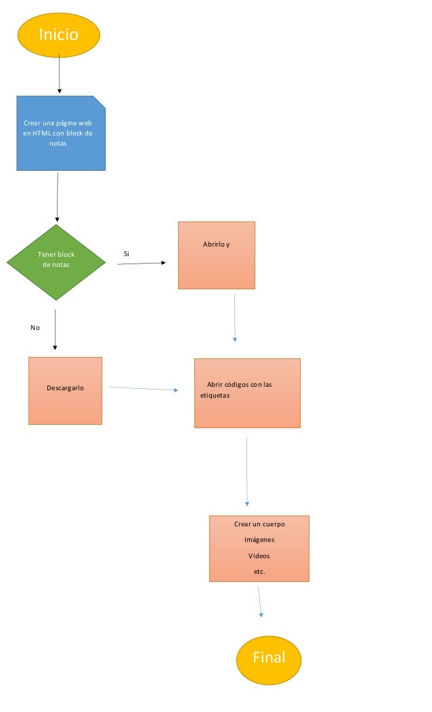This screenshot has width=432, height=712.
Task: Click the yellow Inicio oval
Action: tap(59, 35)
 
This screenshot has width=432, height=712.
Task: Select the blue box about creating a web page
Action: tap(61, 133)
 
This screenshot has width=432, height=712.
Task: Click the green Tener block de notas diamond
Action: tap(56, 261)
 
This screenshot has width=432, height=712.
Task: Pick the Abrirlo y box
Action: tap(217, 255)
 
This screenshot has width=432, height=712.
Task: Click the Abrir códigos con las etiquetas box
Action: tap(247, 393)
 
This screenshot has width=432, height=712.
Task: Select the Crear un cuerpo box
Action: tap(259, 549)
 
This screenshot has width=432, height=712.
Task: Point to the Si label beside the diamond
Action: tap(126, 254)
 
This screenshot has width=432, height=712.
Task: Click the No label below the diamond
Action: tap(35, 328)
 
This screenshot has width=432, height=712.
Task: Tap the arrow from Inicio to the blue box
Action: tap(60, 75)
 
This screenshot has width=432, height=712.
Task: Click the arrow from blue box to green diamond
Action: tap(58, 196)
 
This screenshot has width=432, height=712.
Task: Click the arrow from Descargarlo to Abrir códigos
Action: tap(143, 389)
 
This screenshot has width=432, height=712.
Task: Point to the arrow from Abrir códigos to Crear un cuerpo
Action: tap(247, 472)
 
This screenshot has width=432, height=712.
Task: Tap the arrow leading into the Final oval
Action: tap(259, 602)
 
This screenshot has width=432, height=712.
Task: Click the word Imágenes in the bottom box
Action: tap(259, 540)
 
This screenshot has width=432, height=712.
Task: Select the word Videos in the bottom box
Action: tap(259, 556)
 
